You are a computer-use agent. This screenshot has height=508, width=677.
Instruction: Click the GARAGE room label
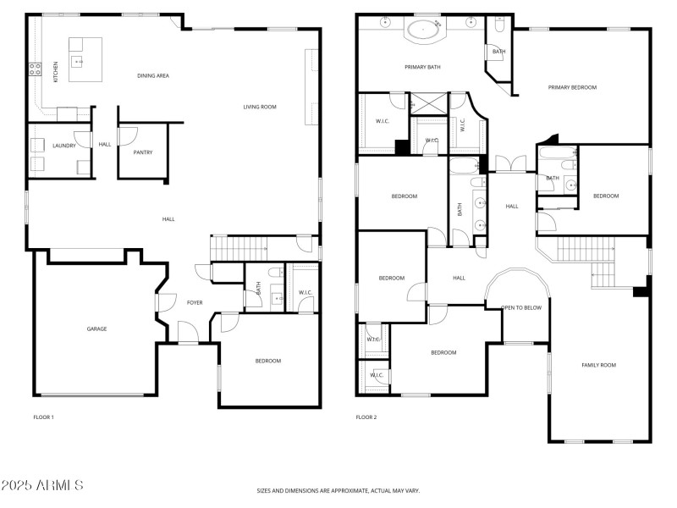coord(96,329)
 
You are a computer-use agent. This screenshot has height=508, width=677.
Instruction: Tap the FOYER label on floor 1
coord(195,301)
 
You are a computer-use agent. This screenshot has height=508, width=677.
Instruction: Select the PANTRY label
coord(142,152)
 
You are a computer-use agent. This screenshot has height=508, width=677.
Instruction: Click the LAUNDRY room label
coord(64,146)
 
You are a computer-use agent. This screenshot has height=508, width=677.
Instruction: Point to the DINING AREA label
coord(153,76)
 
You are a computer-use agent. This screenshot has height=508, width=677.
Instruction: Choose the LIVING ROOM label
coord(260,107)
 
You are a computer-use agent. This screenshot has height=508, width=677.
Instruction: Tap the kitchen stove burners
coord(36,69)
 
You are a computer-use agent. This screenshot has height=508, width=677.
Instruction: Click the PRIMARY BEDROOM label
coord(572,87)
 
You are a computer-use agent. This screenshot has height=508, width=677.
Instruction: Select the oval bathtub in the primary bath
coord(425,31)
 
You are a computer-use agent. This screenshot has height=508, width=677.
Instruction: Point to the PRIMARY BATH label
coord(422,67)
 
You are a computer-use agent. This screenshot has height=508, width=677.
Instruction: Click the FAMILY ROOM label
coord(598,365)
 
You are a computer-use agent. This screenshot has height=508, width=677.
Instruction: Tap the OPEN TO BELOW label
coord(521,307)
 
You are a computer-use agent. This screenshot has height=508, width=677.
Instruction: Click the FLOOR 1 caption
coord(43,417)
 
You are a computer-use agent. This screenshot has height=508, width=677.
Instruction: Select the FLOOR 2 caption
coord(366,417)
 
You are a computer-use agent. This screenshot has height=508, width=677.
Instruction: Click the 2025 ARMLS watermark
coord(42,486)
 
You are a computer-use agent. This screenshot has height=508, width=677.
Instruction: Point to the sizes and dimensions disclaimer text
coord(338,490)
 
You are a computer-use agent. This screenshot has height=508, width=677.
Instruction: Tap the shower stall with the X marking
coord(428,104)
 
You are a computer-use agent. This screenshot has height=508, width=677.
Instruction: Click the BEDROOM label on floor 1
coord(268,361)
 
